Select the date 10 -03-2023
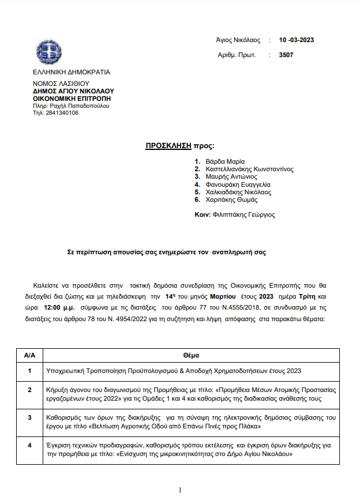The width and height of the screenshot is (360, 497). pyautogui.click(x=296, y=40)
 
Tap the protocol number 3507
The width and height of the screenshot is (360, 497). pyautogui.click(x=286, y=55)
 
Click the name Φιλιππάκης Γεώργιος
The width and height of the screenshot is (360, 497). pyautogui.click(x=243, y=214)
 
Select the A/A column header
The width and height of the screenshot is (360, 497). pyautogui.click(x=29, y=356)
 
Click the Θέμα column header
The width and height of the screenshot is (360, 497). pyautogui.click(x=191, y=356)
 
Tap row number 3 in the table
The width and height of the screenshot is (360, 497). pyautogui.click(x=29, y=417)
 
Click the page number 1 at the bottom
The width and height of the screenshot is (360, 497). pyautogui.click(x=180, y=490)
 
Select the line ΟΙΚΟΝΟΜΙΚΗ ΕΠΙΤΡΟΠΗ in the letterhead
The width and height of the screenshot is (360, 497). pyautogui.click(x=72, y=99)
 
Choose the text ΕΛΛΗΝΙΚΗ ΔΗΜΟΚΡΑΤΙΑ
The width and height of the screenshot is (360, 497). pyautogui.click(x=72, y=73)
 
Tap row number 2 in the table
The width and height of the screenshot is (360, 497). pyautogui.click(x=29, y=390)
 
